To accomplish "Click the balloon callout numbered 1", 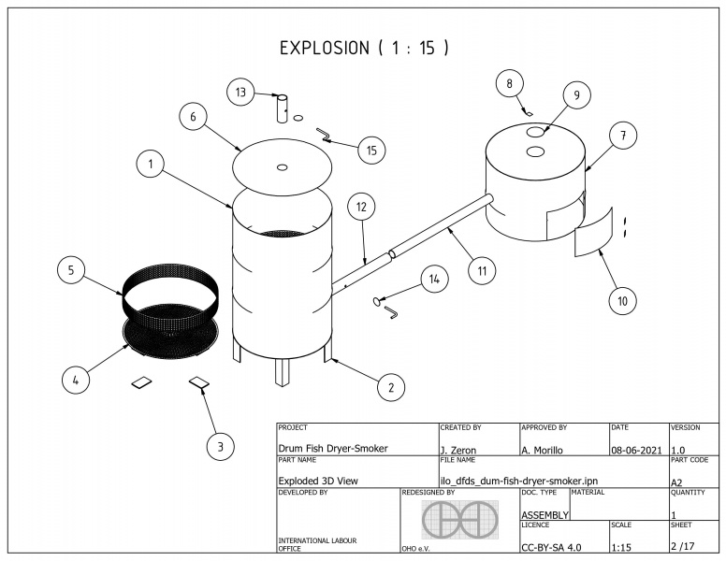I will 149,165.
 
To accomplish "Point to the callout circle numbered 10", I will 622,300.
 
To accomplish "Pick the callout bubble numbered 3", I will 220,447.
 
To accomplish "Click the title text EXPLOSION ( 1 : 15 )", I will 363,48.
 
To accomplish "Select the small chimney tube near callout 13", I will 282,108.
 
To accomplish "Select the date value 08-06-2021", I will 635,450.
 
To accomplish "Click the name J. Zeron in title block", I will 457,450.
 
